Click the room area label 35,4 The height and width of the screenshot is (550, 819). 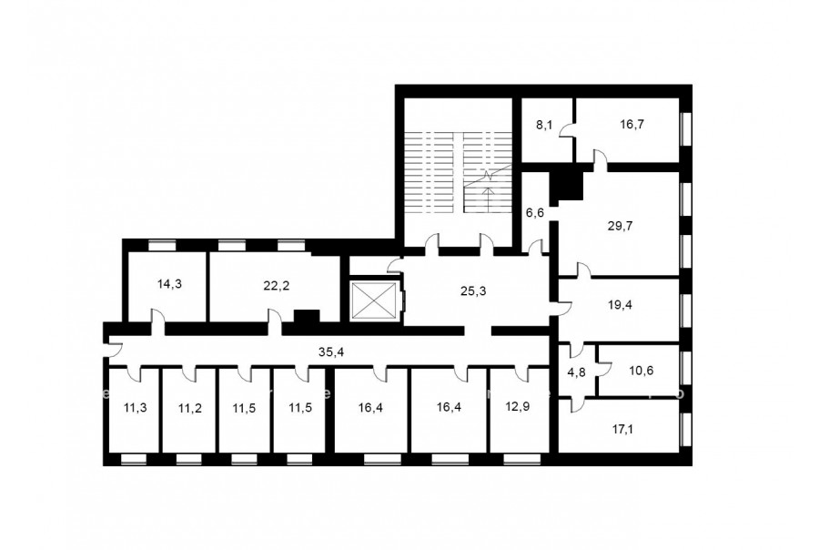[331, 352]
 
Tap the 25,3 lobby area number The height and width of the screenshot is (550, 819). [473, 291]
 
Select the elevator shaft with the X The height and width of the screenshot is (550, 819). [374, 300]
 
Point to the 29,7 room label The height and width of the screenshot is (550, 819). [620, 226]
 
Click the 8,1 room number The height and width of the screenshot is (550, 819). [543, 125]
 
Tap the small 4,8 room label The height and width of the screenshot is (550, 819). [576, 373]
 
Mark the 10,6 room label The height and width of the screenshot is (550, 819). [641, 372]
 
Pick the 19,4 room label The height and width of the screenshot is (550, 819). [620, 305]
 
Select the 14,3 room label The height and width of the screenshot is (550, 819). [170, 284]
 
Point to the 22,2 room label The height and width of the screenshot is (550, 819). [277, 286]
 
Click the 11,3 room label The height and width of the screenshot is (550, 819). [136, 408]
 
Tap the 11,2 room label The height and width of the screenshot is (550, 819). [189, 408]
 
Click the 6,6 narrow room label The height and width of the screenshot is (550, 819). [535, 213]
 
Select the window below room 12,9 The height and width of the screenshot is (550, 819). [521, 460]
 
